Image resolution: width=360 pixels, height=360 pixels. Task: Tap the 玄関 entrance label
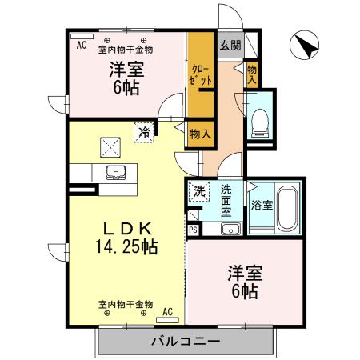pos(229,46)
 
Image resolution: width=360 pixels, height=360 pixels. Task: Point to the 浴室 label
pos(261,205)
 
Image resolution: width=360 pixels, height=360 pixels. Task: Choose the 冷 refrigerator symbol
pos(143,132)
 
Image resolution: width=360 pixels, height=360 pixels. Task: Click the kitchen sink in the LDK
pos(114,173)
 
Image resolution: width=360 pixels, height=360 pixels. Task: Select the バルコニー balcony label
pos(186,342)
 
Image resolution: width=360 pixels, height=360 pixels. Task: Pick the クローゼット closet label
pos(199,75)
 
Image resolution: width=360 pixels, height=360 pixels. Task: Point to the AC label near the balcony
pos(168,311)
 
